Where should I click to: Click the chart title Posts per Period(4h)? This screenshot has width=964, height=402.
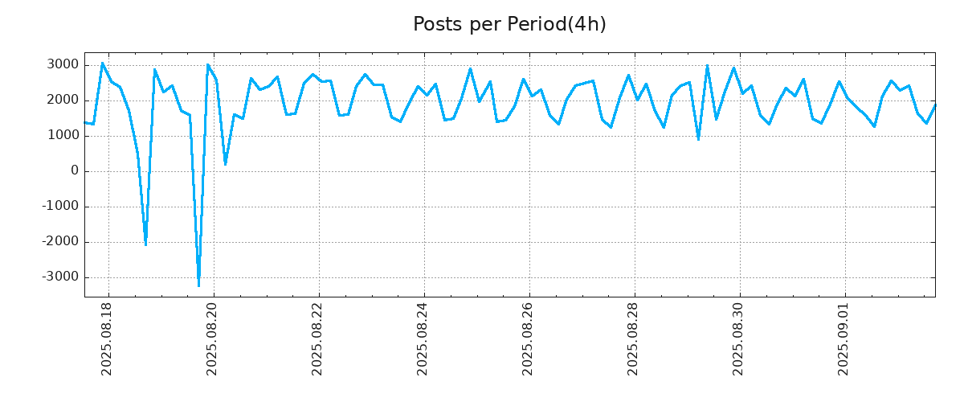(x=509, y=25)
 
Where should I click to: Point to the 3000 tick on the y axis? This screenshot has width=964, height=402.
(x=62, y=65)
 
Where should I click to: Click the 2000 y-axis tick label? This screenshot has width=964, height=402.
(x=62, y=100)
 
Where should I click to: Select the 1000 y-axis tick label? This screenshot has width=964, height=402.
(x=62, y=136)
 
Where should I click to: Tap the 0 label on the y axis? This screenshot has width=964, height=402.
(x=75, y=171)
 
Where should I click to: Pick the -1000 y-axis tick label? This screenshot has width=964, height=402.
(x=59, y=207)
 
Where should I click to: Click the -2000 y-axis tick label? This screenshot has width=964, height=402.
(x=59, y=242)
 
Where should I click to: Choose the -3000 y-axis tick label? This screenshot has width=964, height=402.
(x=59, y=277)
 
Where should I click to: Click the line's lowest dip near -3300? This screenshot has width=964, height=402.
(x=198, y=285)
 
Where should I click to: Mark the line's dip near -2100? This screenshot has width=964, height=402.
(x=145, y=244)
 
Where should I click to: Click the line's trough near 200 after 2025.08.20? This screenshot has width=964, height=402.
(x=225, y=164)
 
